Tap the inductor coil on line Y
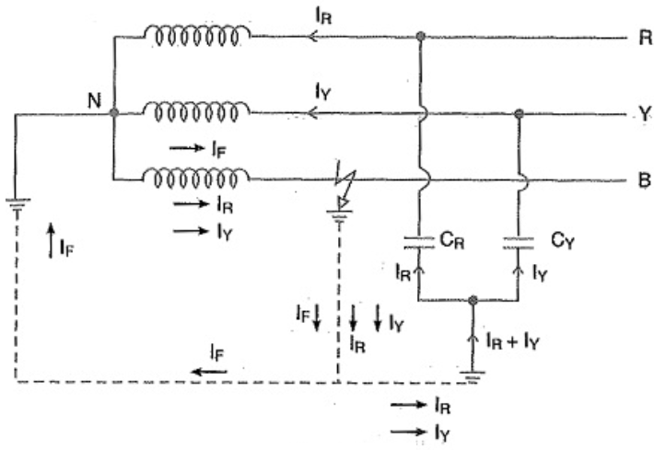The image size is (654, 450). coord(197,112)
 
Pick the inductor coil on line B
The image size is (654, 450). coord(197,177)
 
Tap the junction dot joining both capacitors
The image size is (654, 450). coord(472,300)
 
